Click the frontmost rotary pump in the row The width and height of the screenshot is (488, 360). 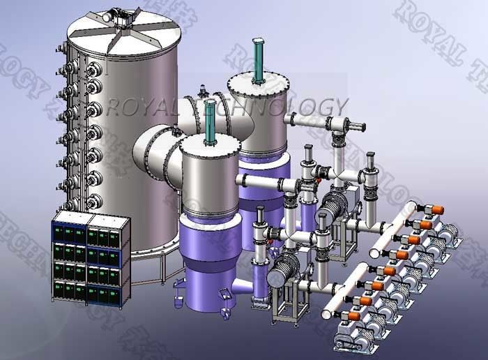click(x=356, y=335)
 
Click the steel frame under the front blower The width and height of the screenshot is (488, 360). click(x=286, y=307)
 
